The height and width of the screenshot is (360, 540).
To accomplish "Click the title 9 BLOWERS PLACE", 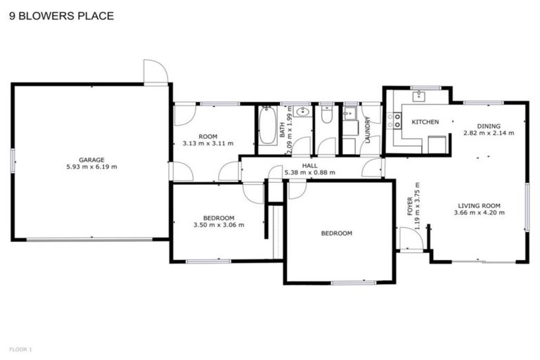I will coord(61,15).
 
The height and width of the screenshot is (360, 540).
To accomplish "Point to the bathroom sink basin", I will coord(303,111).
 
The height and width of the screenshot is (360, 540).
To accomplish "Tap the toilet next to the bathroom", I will coord(326,114).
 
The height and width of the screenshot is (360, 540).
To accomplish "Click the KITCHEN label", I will coord(425,122).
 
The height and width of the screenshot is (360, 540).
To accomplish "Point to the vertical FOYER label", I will coord(410,205).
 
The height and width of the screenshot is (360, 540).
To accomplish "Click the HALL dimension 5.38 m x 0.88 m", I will coord(309,172).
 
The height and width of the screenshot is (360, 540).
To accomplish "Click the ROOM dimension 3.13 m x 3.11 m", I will coord(207,143).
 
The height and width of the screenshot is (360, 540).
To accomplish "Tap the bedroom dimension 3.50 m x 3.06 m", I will coord(219,226).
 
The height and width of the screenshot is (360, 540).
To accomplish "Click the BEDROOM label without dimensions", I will coord(336,233).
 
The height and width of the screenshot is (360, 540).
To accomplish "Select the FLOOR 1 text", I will coord(20,349).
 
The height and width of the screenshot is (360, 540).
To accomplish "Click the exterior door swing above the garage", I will coord(155,72).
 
